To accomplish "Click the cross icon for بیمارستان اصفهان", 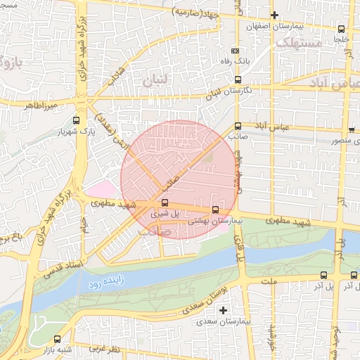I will pos(274,15).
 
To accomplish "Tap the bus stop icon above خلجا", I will pos(342,29).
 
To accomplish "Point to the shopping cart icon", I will pos(351,129).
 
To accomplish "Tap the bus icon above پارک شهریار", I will pos(76,120).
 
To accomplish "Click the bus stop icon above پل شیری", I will pos(165,202).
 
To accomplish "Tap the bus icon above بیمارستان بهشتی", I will pos(215,209).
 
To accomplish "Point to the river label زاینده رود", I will pos(106,284).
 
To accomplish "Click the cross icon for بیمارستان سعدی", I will pos(224,310).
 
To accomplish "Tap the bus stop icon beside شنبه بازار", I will pos(58,338).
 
